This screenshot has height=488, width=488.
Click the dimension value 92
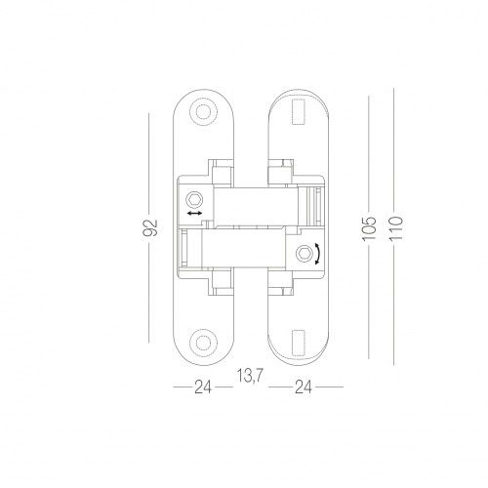[150, 227]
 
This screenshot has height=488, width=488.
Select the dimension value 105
[369, 228]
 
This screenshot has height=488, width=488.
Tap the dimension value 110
[396, 228]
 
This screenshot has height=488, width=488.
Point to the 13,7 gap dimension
[250, 377]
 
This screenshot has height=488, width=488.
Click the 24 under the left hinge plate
[203, 387]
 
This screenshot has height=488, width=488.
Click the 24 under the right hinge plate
[304, 387]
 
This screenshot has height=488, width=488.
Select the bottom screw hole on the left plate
[203, 343]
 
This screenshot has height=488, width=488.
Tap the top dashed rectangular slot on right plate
[299, 112]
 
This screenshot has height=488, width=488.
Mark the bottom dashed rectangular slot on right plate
[299, 343]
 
